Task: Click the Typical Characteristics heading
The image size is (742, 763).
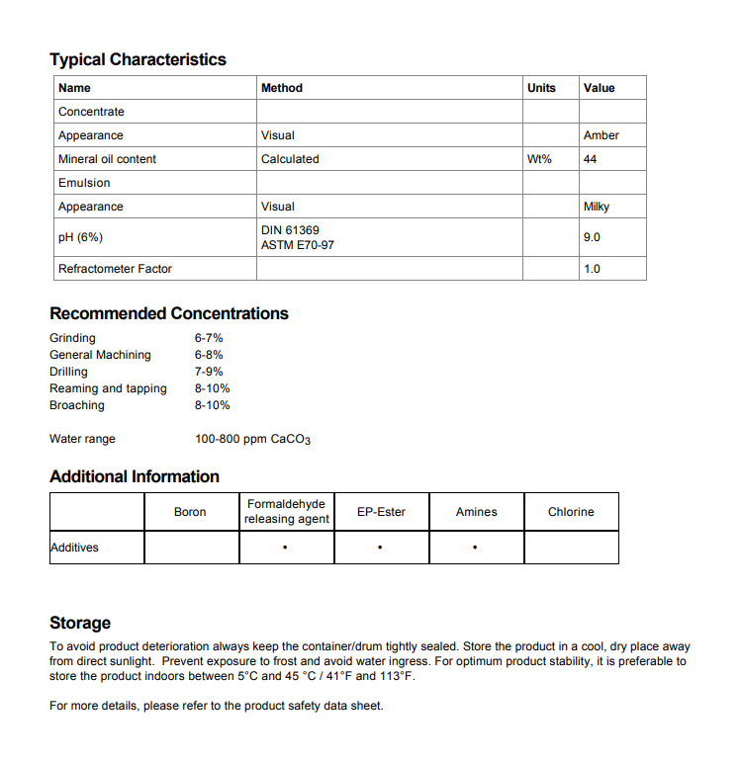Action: click(138, 59)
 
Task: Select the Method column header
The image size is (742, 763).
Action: click(282, 88)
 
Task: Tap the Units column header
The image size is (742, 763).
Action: click(541, 88)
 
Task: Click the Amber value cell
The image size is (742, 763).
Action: click(601, 135)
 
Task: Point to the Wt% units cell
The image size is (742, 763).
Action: click(539, 159)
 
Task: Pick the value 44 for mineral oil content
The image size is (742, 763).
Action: click(591, 159)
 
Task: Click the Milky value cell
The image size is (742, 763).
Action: click(597, 207)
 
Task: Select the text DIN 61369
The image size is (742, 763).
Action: click(290, 230)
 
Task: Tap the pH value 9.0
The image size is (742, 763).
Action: click(592, 237)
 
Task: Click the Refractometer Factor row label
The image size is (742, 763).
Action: click(115, 269)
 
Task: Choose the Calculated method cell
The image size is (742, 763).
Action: click(290, 159)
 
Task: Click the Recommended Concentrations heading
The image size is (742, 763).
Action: click(169, 313)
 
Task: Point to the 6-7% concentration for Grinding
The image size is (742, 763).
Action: click(209, 338)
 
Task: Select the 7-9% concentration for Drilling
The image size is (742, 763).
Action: click(209, 372)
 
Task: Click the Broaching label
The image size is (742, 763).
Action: click(76, 405)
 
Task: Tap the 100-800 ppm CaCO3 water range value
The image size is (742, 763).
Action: click(252, 439)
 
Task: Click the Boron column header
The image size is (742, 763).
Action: click(190, 512)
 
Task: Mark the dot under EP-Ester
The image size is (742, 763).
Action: click(380, 548)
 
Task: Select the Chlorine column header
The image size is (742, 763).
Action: click(571, 512)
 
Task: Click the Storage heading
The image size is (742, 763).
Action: click(80, 623)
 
